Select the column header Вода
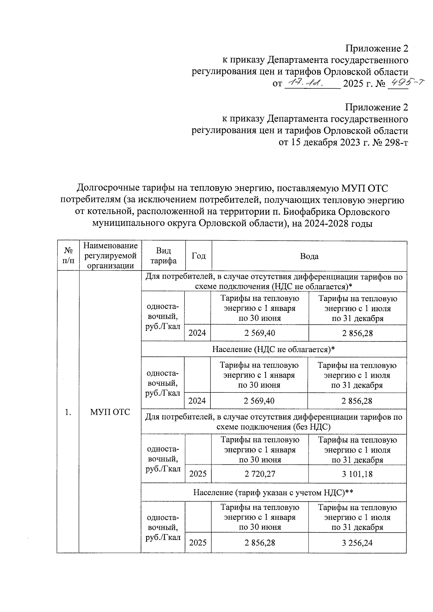(309, 256)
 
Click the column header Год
(198, 256)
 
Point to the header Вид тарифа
(163, 256)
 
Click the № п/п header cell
(68, 256)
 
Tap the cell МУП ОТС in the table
(110, 412)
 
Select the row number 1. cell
(68, 412)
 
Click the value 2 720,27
(259, 474)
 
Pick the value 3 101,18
(357, 474)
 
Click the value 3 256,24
(357, 543)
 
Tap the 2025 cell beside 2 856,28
(198, 543)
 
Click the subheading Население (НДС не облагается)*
(274, 349)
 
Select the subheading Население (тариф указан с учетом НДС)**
(273, 492)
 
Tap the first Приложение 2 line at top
(377, 48)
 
